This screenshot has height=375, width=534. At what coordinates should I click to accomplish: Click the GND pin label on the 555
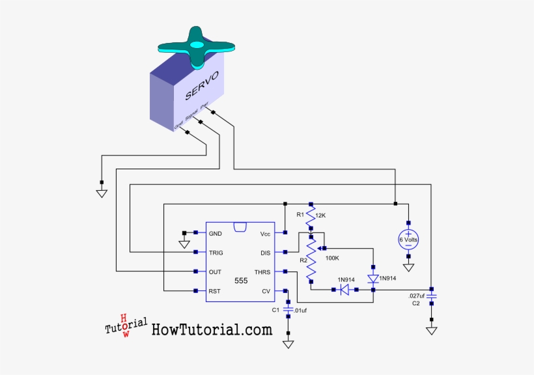(216, 233)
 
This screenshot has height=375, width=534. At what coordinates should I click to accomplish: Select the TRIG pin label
(216, 253)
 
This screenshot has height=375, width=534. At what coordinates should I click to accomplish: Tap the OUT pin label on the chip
(215, 271)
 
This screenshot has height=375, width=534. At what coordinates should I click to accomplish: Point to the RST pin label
(215, 291)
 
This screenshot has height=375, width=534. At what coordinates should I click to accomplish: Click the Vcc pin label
(265, 233)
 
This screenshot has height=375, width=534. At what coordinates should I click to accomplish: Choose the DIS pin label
(265, 253)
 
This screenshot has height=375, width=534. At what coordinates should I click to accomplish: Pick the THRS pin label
(262, 271)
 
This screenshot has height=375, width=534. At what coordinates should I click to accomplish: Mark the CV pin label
(266, 291)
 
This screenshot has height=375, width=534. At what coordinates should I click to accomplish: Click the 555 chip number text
(241, 281)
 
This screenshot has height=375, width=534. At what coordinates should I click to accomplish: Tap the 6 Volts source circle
(409, 240)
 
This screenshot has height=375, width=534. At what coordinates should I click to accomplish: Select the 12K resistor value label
(320, 215)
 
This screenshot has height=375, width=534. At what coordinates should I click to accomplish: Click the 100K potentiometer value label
(332, 258)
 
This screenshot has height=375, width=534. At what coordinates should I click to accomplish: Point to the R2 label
(303, 260)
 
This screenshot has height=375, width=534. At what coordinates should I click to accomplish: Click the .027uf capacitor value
(413, 296)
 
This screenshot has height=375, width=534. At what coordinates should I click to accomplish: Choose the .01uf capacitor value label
(300, 311)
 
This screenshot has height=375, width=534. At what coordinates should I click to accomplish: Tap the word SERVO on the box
(201, 85)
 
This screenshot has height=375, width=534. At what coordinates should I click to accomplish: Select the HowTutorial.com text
(212, 330)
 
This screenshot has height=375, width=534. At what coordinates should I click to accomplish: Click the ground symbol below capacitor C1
(288, 344)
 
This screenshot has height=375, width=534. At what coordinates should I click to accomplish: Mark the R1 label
(300, 214)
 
